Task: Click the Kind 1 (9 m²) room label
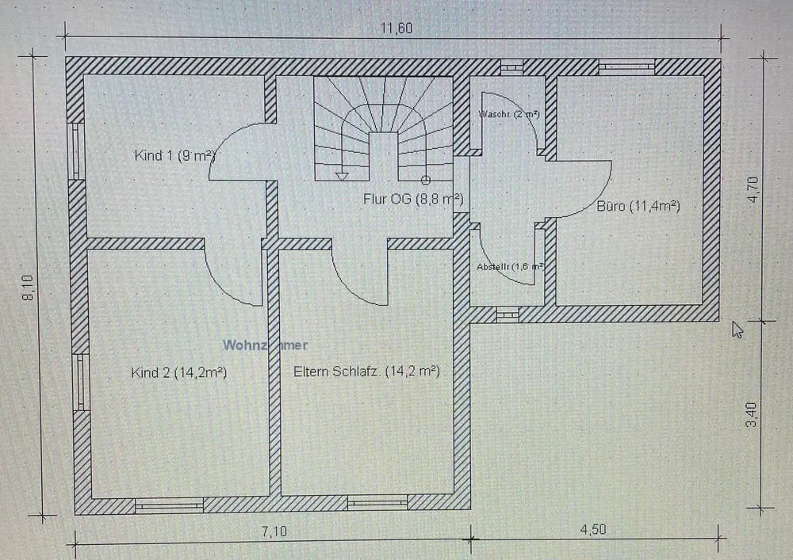click(175, 155)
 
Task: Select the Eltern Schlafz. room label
click(366, 371)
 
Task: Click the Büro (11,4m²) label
click(638, 207)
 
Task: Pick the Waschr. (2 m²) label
click(509, 114)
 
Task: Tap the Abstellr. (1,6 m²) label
click(509, 267)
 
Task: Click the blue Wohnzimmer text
click(265, 345)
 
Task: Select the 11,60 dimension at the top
click(396, 29)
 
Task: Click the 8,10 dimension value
click(29, 288)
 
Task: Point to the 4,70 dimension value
click(754, 190)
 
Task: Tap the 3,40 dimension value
click(754, 415)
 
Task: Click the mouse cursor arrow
click(737, 328)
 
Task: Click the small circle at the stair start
click(426, 180)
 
